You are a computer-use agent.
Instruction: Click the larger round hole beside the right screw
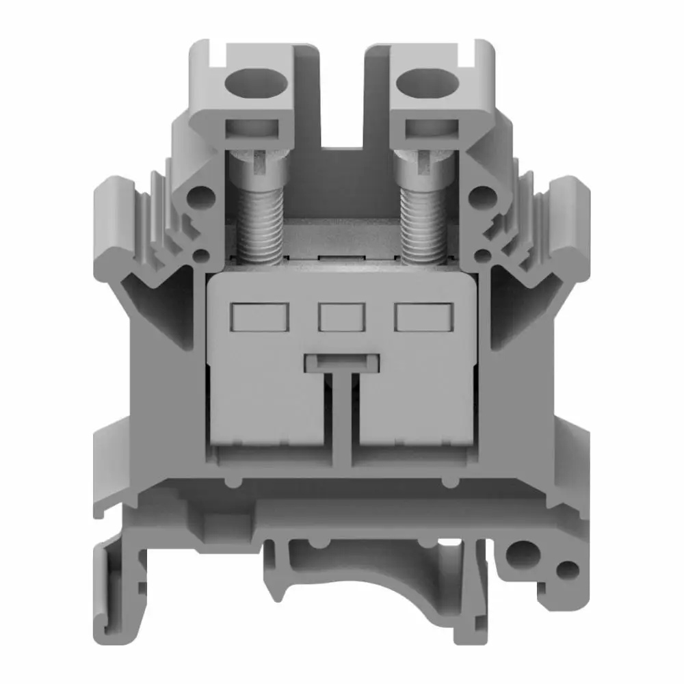click(483, 198)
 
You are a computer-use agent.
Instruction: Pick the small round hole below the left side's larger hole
click(201, 256)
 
